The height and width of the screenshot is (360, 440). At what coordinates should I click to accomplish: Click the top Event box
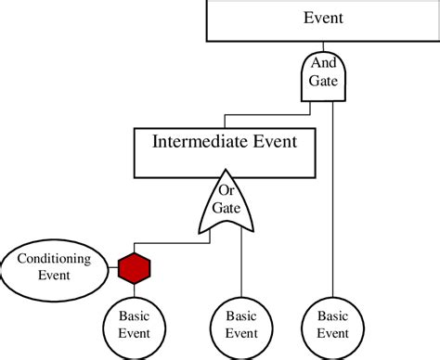pos(322,19)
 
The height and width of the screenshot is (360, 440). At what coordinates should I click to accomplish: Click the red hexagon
pos(135,269)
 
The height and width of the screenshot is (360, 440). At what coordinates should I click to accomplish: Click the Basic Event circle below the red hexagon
pos(135,325)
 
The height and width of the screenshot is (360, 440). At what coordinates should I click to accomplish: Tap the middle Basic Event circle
pos(241,325)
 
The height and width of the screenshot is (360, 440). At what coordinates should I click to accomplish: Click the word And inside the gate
pos(323,65)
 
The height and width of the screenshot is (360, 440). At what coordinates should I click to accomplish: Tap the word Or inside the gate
pos(226,190)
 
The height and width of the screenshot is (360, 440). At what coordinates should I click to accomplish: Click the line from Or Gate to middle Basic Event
pos(241,264)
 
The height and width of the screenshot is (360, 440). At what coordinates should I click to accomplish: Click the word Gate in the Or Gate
pos(226,207)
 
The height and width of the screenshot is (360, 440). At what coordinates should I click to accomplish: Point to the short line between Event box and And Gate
pos(323,45)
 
